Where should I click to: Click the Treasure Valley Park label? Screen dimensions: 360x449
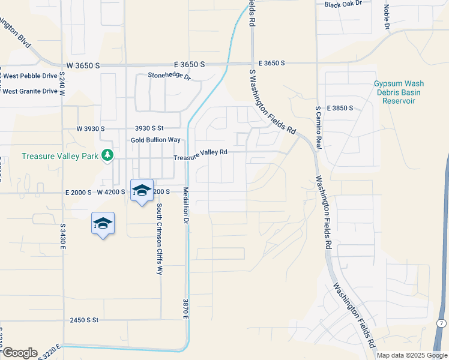click(x=60, y=156)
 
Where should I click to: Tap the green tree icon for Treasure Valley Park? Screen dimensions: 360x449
click(x=107, y=155)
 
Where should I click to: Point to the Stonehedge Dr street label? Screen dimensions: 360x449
click(x=169, y=76)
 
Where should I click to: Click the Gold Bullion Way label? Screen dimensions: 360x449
click(x=156, y=140)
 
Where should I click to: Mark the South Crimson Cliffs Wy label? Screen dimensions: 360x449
click(x=160, y=239)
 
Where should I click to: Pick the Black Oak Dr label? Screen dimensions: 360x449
click(x=343, y=4)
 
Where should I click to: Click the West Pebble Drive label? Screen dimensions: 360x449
click(x=30, y=76)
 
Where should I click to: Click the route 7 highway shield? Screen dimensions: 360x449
click(x=441, y=323)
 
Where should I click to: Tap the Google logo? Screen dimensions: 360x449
click(x=19, y=353)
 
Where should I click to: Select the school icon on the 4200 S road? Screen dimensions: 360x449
click(x=142, y=191)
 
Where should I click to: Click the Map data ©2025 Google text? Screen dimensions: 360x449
click(x=412, y=355)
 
